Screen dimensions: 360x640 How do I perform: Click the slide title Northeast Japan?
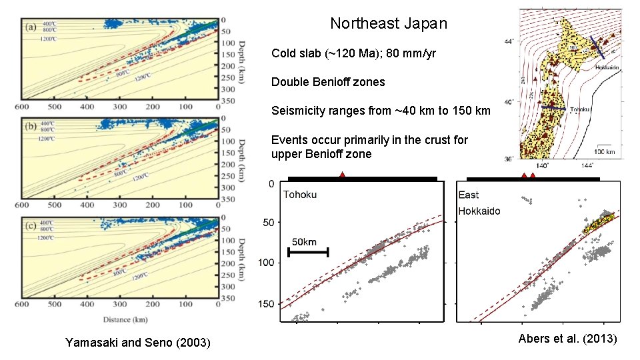click(x=389, y=24)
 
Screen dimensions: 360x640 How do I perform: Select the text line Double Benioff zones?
click(x=328, y=82)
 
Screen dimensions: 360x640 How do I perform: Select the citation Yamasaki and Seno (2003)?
click(x=137, y=343)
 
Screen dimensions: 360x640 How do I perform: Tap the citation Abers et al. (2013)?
click(x=567, y=339)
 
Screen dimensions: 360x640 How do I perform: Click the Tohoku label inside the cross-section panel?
click(x=300, y=195)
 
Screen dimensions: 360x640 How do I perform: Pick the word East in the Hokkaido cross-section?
click(x=469, y=195)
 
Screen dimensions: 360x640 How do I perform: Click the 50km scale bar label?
click(x=304, y=241)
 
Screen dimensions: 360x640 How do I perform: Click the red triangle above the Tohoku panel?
click(x=342, y=175)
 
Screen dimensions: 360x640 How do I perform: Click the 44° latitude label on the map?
click(x=508, y=41)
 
